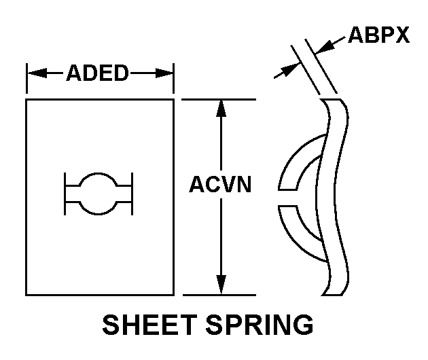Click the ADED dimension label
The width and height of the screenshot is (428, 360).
97,73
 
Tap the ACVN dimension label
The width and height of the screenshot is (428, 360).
220,185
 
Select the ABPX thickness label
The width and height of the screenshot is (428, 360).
379,35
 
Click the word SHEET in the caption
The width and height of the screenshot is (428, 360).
149,325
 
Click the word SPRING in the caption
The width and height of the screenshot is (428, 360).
260,325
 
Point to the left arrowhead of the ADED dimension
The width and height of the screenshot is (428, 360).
37,73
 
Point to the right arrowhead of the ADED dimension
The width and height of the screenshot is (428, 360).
164,73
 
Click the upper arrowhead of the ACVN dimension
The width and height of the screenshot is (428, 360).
221,109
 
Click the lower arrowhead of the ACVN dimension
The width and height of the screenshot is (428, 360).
221,285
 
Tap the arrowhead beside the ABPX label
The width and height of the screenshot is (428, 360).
325,46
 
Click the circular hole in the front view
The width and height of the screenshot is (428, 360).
99,194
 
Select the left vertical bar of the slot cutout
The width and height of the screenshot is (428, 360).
65,194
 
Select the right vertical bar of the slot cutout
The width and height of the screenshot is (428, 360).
132,194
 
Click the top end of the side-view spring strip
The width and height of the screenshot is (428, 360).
331,100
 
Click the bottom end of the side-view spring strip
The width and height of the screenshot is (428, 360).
332,295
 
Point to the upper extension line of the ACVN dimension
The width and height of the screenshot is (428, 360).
219,99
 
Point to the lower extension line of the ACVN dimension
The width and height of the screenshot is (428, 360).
219,295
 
